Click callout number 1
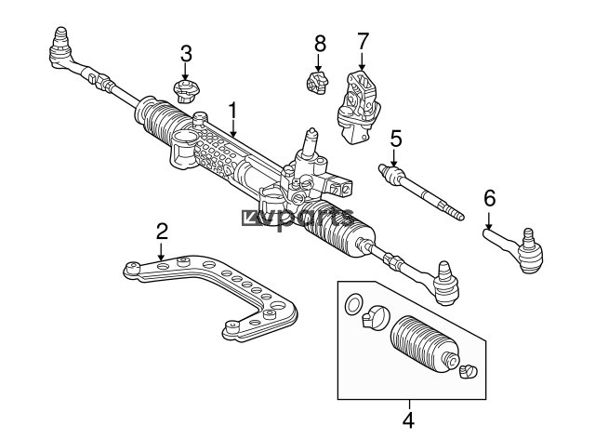[x=232, y=111]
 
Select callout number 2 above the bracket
[x=162, y=232]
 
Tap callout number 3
[x=186, y=54]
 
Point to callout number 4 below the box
[x=408, y=419]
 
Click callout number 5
[x=396, y=139]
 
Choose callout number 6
[x=490, y=198]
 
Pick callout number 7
[x=363, y=41]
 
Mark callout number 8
[x=320, y=44]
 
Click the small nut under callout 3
[x=185, y=91]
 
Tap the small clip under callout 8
[x=317, y=82]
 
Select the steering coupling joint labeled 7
[x=359, y=108]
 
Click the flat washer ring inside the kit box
[x=353, y=304]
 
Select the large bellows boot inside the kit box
[x=425, y=347]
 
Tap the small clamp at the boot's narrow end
[x=469, y=371]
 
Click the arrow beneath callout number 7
[x=362, y=60]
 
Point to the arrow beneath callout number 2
[x=161, y=251]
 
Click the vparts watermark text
[x=298, y=219]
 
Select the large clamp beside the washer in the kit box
[x=376, y=317]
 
